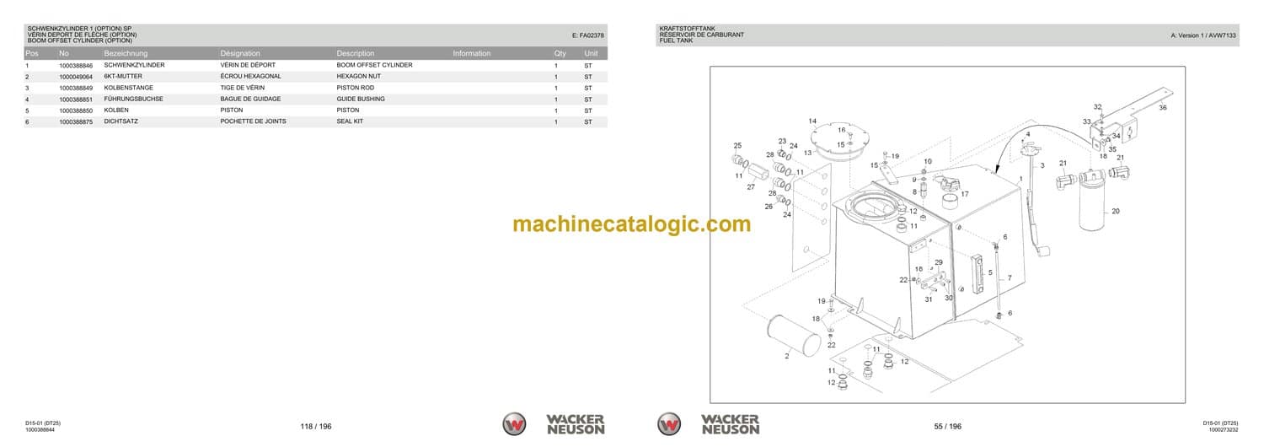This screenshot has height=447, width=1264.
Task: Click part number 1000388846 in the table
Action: [76, 66]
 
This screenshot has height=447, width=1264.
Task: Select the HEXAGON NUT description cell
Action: [358, 76]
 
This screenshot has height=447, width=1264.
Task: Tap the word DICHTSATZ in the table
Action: [121, 121]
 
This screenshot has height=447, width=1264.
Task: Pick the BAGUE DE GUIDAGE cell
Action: [250, 99]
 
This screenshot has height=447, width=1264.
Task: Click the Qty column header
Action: [560, 53]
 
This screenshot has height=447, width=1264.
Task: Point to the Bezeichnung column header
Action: [126, 53]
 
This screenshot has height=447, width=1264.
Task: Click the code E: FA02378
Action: [587, 35]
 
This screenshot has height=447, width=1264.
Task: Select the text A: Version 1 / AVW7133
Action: [1203, 35]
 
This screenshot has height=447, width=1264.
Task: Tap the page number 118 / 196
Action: [316, 426]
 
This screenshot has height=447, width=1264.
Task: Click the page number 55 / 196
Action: [947, 426]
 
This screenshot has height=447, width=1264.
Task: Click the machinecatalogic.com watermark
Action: [631, 223]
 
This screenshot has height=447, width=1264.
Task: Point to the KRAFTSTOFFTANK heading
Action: [687, 29]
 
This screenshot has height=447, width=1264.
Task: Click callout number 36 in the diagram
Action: [1162, 107]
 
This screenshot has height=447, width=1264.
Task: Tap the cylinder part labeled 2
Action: [795, 336]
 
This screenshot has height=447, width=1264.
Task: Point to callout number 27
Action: [751, 187]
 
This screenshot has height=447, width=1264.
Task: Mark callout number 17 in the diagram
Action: [964, 194]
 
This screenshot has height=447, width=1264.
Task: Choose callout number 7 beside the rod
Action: [1010, 277]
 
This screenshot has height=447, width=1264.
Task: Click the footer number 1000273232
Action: [1224, 430]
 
